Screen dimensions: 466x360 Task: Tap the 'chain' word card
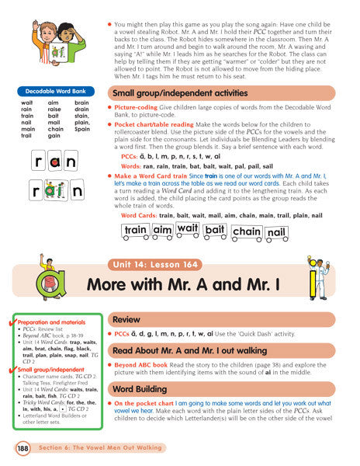(247, 231)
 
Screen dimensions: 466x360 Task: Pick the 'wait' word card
(187, 228)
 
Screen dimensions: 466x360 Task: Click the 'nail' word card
(276, 231)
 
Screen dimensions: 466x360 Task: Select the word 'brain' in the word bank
(81, 103)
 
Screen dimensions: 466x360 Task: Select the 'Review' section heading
(126, 319)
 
